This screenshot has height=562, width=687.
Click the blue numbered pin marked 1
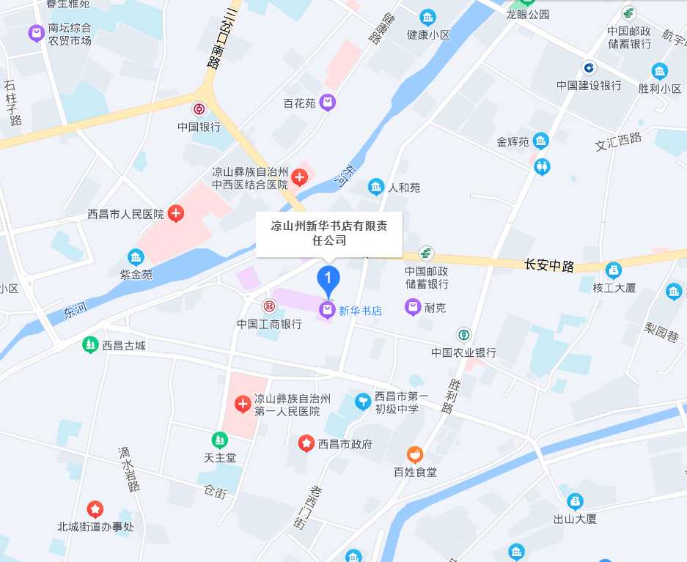point(328,279)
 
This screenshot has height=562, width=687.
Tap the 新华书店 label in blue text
point(360,311)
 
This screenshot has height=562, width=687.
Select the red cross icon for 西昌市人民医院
point(176,214)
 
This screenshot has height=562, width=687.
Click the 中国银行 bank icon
point(199,109)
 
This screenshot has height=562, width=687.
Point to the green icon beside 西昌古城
point(90,344)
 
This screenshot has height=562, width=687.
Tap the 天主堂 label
point(220,458)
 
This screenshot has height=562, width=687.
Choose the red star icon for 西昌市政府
point(306,443)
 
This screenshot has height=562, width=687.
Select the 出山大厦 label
point(575,519)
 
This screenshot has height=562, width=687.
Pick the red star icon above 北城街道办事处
point(95,509)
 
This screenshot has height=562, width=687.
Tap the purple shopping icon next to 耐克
point(413,307)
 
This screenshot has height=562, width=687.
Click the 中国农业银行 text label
point(463,352)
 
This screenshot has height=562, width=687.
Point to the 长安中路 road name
point(549,265)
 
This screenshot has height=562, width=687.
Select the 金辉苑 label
point(513,141)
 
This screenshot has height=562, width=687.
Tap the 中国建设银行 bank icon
point(589,68)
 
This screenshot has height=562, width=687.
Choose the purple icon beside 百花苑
point(328,103)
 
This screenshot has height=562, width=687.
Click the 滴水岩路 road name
point(130,469)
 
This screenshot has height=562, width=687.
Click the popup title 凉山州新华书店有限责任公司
point(328,233)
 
